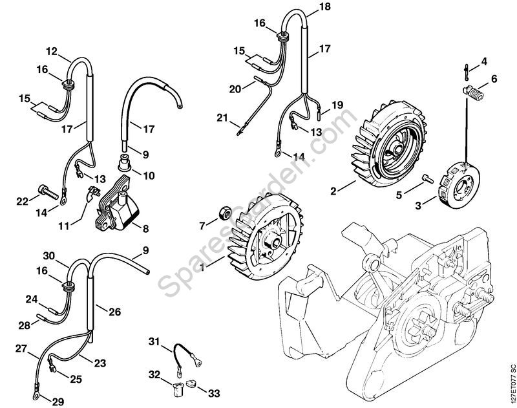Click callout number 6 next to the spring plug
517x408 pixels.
[x=494, y=79]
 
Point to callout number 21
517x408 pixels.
[x=222, y=117]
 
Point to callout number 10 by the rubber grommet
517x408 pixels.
[x=149, y=176]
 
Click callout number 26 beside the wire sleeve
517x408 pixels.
[x=115, y=312]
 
